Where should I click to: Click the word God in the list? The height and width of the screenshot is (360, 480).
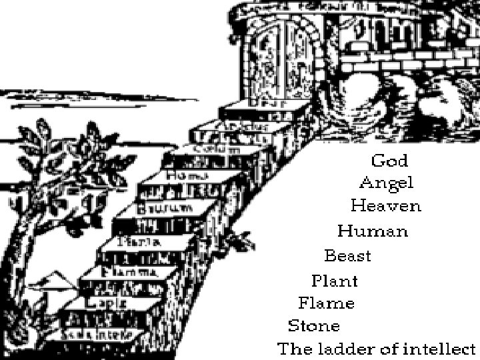tap(389, 161)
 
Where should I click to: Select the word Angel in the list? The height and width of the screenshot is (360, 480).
tap(387, 183)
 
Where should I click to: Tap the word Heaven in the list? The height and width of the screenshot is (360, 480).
tap(386, 206)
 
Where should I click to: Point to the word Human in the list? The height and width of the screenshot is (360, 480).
tap(372, 231)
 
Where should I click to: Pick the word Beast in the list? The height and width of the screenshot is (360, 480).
tap(347, 256)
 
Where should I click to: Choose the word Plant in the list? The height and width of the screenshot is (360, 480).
tap(335, 281)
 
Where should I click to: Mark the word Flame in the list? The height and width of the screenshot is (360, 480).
tap(326, 303)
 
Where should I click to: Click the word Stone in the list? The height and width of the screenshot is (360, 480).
tap(314, 326)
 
